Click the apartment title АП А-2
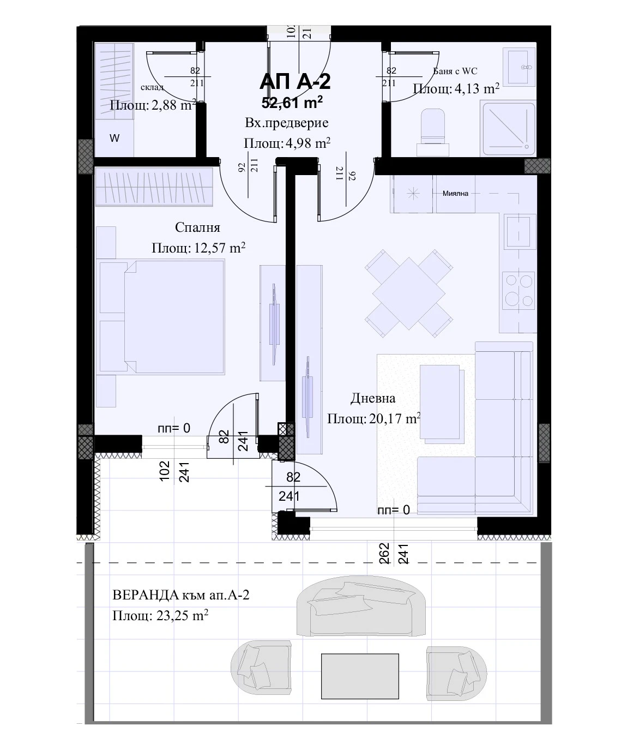tap(295, 82)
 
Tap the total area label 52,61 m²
tap(292, 103)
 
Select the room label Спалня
tap(197, 227)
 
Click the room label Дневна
tap(373, 398)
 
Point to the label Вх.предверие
tap(287, 123)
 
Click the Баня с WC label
tap(455, 71)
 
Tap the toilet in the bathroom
tap(433, 132)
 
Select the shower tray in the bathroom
tap(509, 129)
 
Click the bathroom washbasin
tap(519, 67)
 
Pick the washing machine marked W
tap(114, 139)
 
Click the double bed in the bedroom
tap(162, 317)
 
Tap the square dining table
tap(409, 293)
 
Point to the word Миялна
tap(455, 194)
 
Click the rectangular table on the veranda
tap(360, 676)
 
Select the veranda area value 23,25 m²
tap(183, 616)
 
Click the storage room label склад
tap(152, 87)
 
